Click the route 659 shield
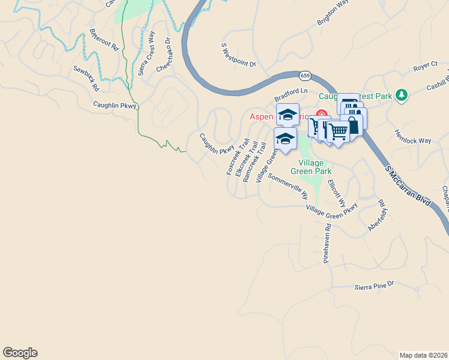click(x=306, y=76)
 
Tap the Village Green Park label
click(x=315, y=167)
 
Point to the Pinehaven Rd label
click(x=327, y=244)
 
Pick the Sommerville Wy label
click(x=288, y=187)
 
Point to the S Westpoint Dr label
click(x=238, y=55)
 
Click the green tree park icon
click(x=403, y=95)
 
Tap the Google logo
click(x=20, y=353)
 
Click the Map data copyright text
click(x=423, y=355)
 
